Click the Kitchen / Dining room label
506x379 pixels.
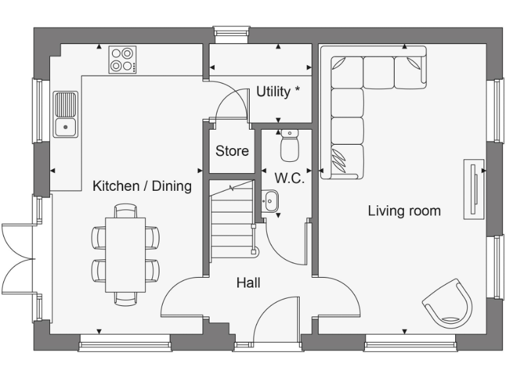[142, 186]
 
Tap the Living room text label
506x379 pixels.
[404, 211]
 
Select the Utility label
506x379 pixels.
[273, 92]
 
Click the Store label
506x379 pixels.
[232, 151]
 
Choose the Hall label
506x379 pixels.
[248, 283]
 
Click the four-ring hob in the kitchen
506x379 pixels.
[123, 59]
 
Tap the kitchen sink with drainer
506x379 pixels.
[65, 114]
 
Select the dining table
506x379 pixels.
[125, 254]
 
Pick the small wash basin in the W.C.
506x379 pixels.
[270, 200]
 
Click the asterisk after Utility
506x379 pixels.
[297, 89]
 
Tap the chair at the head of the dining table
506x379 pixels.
[125, 211]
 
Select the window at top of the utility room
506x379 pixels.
[231, 32]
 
